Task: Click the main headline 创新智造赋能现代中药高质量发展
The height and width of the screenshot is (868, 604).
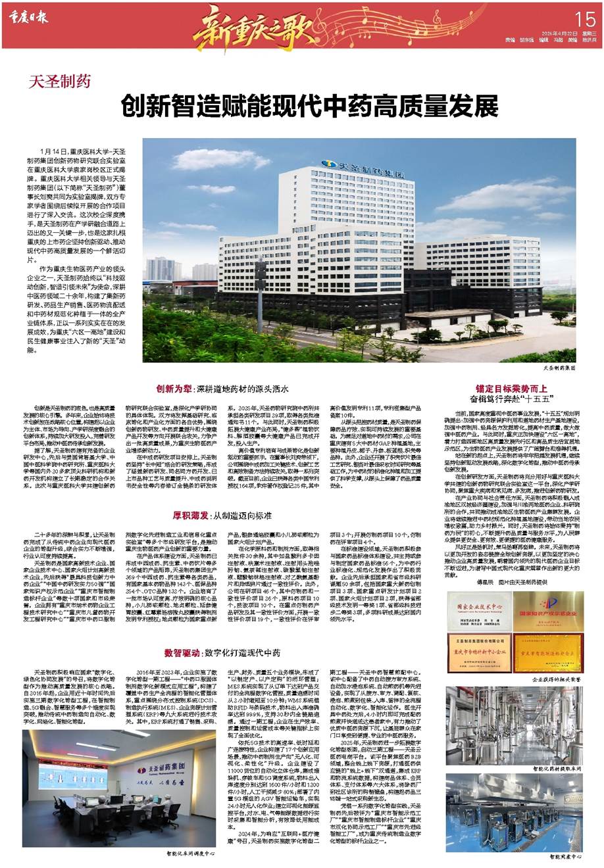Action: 310,105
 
